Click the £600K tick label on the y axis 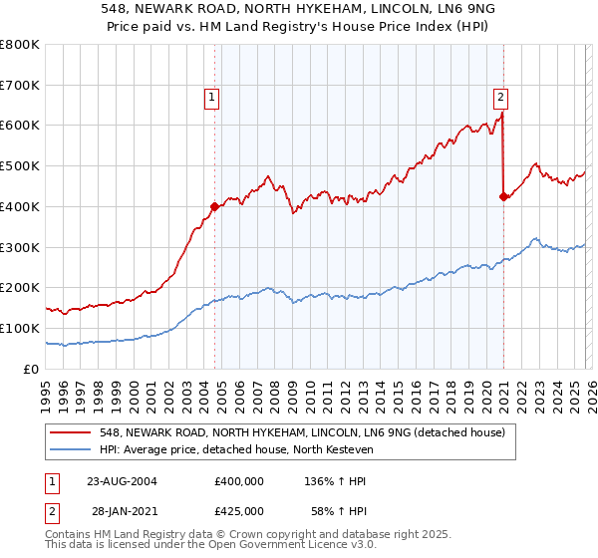pyautogui.click(x=20, y=126)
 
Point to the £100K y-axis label pyautogui.click(x=20, y=328)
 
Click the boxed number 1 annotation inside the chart pyautogui.click(x=213, y=97)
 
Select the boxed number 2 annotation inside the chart pyautogui.click(x=499, y=97)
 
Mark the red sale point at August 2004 pyautogui.click(x=214, y=207)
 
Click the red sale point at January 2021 pyautogui.click(x=503, y=196)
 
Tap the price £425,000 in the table pyautogui.click(x=239, y=510)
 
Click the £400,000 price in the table pyautogui.click(x=239, y=480)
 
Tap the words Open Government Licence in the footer pyautogui.click(x=275, y=547)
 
